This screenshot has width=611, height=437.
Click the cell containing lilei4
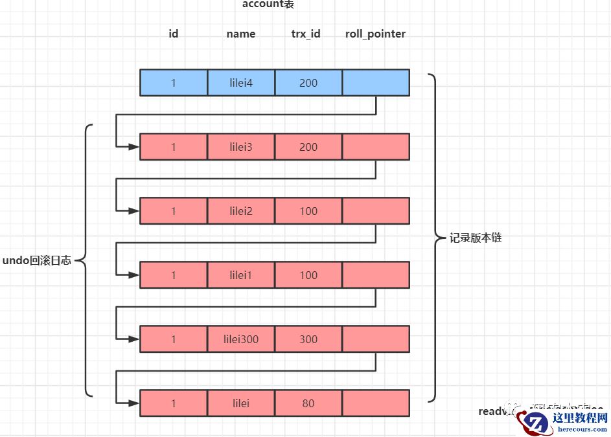[x=241, y=83]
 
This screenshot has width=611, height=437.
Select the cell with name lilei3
[x=241, y=147]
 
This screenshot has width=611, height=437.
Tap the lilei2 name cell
[x=241, y=211]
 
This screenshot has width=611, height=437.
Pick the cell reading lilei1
[x=241, y=275]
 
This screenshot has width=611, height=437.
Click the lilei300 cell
[x=241, y=339]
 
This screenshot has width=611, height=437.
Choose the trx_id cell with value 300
[x=308, y=339]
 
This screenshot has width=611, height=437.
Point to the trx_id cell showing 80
[x=308, y=403]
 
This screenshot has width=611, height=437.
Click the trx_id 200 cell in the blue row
[x=308, y=83]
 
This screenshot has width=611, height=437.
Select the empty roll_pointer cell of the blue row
[x=376, y=83]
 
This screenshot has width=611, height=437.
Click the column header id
[x=174, y=34]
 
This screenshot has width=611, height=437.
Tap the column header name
[x=241, y=34]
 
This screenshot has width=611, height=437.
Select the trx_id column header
[x=306, y=34]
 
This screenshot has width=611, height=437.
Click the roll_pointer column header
[x=376, y=34]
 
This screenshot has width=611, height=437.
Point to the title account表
[x=268, y=5]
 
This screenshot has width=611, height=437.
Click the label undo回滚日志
[x=37, y=260]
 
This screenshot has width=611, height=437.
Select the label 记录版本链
[x=476, y=238]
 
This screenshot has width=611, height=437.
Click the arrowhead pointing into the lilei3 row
[x=133, y=147]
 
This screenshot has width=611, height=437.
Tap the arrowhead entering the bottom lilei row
[x=133, y=403]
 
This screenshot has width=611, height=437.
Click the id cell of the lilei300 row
[x=174, y=339]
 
